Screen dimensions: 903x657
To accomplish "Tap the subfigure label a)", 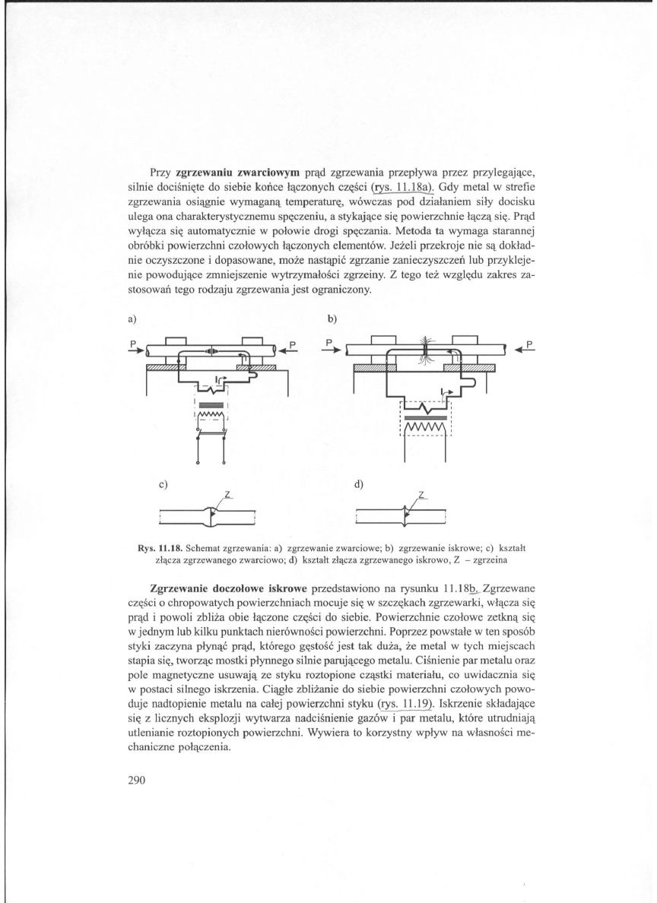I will (131, 316).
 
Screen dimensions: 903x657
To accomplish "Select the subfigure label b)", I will (332, 316).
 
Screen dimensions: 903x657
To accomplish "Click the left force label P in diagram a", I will (132, 344).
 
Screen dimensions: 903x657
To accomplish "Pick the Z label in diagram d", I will (423, 495).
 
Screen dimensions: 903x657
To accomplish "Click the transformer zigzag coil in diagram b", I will (426, 431).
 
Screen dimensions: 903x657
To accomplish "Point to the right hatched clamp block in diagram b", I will (468, 369).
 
